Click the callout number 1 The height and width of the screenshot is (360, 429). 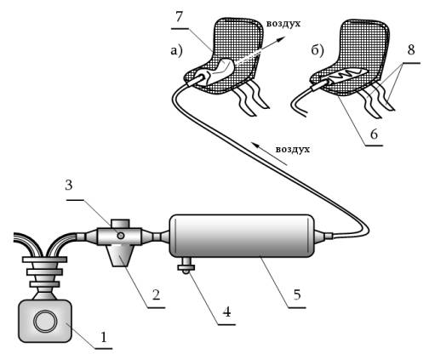(x=104, y=338)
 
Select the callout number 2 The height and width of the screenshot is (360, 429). (x=156, y=295)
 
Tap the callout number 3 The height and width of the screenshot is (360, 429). (x=69, y=186)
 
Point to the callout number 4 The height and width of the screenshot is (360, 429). (x=226, y=312)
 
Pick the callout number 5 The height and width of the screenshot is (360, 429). (x=297, y=295)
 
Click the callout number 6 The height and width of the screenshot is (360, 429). (x=375, y=134)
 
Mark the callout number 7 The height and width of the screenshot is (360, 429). (x=180, y=17)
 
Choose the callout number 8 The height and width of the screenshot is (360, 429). (x=411, y=50)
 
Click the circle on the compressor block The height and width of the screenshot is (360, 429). (x=45, y=321)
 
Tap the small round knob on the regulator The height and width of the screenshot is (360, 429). (x=121, y=235)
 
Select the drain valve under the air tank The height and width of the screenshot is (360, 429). (x=186, y=265)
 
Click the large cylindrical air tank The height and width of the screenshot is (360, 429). (x=242, y=236)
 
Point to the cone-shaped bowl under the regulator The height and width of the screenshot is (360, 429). (x=120, y=255)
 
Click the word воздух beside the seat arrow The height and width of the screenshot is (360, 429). (x=283, y=24)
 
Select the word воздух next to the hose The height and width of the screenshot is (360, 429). (x=293, y=150)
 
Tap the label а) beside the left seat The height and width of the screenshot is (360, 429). (x=176, y=51)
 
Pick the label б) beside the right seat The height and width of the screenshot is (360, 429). (x=317, y=51)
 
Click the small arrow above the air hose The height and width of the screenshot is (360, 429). (x=270, y=154)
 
